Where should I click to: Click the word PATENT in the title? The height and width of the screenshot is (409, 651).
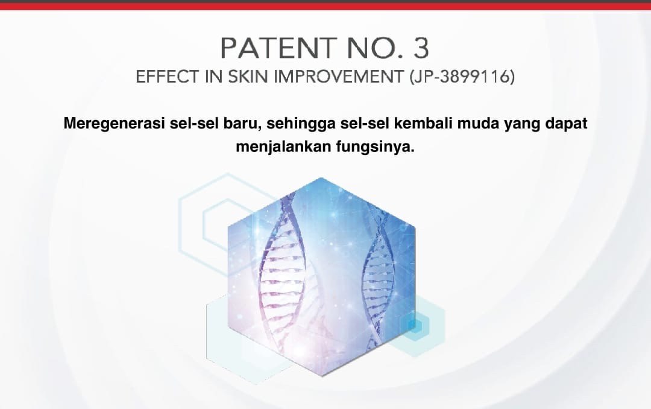pos(278,48)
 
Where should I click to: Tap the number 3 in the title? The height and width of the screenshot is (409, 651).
pos(421,48)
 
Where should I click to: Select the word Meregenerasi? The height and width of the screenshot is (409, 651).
pos(114,124)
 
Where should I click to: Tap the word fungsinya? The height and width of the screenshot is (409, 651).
pos(376,147)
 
